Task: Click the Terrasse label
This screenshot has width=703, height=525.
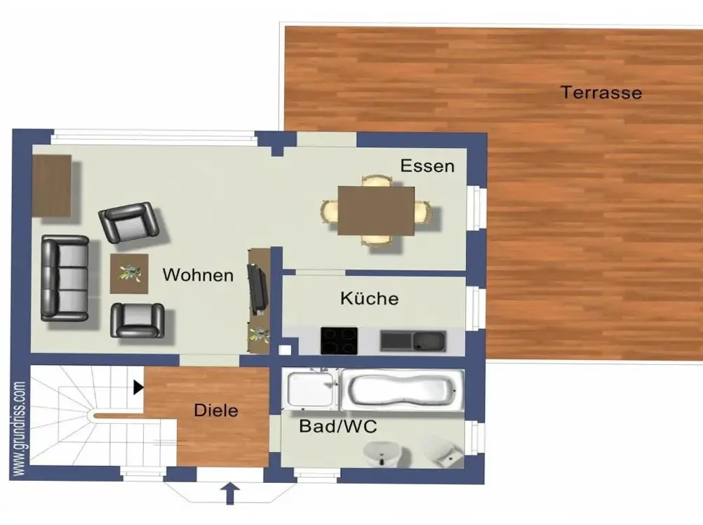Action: [601, 93]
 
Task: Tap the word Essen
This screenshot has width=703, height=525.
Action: [427, 166]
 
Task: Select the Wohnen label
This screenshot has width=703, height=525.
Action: [198, 275]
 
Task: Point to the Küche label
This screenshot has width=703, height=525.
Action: [370, 298]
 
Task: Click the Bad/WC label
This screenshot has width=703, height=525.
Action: [338, 426]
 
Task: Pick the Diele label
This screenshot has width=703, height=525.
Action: [215, 410]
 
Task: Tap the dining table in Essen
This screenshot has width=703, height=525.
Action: [376, 211]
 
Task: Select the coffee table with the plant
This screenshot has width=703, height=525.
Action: [129, 274]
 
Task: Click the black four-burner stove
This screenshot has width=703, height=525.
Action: [339, 340]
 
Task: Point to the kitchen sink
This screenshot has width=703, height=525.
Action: [413, 341]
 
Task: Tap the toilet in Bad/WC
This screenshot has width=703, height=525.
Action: [441, 451]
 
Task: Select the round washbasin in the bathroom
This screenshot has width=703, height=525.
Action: [380, 453]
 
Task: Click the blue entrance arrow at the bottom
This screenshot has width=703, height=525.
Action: [230, 493]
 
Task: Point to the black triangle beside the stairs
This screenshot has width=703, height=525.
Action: [138, 387]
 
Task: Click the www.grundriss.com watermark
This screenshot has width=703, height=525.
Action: [19, 429]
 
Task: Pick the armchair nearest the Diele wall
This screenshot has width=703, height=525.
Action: [138, 320]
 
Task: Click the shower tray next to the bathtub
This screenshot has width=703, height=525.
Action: [312, 389]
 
